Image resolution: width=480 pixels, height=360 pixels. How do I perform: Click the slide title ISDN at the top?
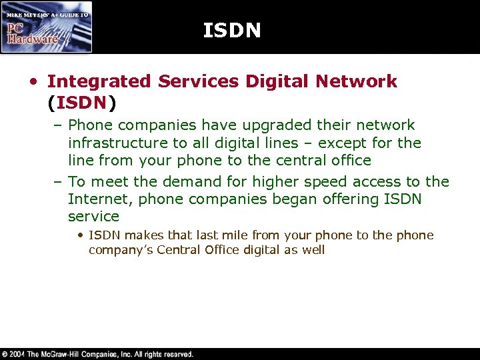click(x=231, y=31)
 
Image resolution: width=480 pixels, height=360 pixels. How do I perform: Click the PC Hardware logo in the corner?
click(x=47, y=27)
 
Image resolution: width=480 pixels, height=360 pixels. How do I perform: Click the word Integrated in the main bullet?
click(x=99, y=81)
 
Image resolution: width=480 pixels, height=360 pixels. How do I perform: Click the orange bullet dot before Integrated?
click(x=32, y=82)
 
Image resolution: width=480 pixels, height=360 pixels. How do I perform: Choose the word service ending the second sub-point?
click(x=93, y=217)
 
